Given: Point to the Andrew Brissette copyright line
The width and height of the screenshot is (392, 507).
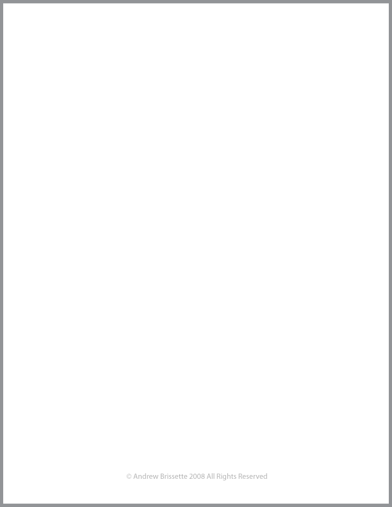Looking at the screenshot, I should pos(197,476).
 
